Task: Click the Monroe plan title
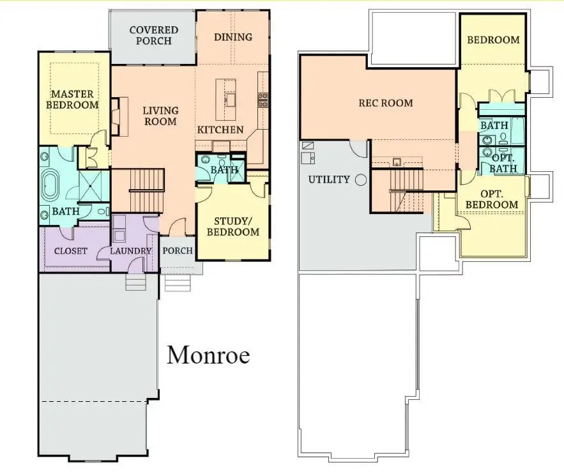208,355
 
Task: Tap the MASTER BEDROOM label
75,99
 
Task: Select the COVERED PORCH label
153,36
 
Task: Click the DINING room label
233,37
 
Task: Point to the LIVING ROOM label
160,116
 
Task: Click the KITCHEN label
220,130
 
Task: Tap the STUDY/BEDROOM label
233,226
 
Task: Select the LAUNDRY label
130,251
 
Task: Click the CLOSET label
70,251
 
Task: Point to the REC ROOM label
385,103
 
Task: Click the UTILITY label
329,180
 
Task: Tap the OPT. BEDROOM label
492,199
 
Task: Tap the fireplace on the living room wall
116,116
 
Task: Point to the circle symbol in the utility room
361,180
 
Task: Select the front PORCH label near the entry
178,250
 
